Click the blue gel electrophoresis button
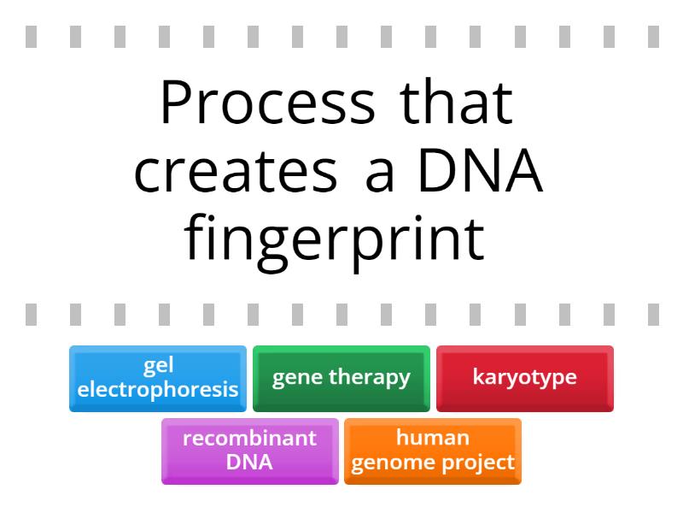pyautogui.click(x=158, y=378)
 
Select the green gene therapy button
pyautogui.click(x=341, y=378)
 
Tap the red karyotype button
pyautogui.click(x=525, y=378)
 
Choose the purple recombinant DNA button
pyautogui.click(x=249, y=451)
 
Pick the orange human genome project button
pyautogui.click(x=433, y=451)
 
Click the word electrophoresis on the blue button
pyautogui.click(x=158, y=390)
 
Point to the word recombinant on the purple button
pyautogui.click(x=249, y=439)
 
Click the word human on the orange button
pyautogui.click(x=433, y=439)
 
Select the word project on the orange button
pyautogui.click(x=484, y=463)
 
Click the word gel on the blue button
pyautogui.click(x=158, y=366)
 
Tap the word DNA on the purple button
pyautogui.click(x=249, y=463)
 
